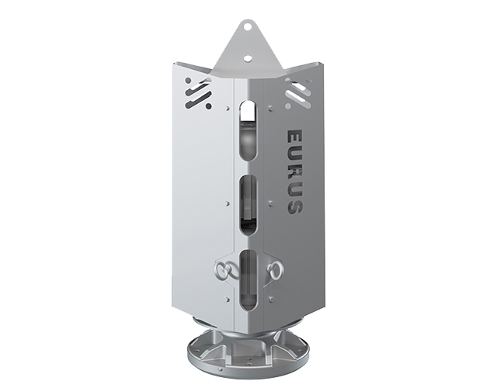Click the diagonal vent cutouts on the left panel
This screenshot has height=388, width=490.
(x=198, y=95)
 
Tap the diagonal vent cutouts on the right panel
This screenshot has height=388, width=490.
(x=297, y=95)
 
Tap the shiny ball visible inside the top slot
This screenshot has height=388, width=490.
(x=247, y=140)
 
